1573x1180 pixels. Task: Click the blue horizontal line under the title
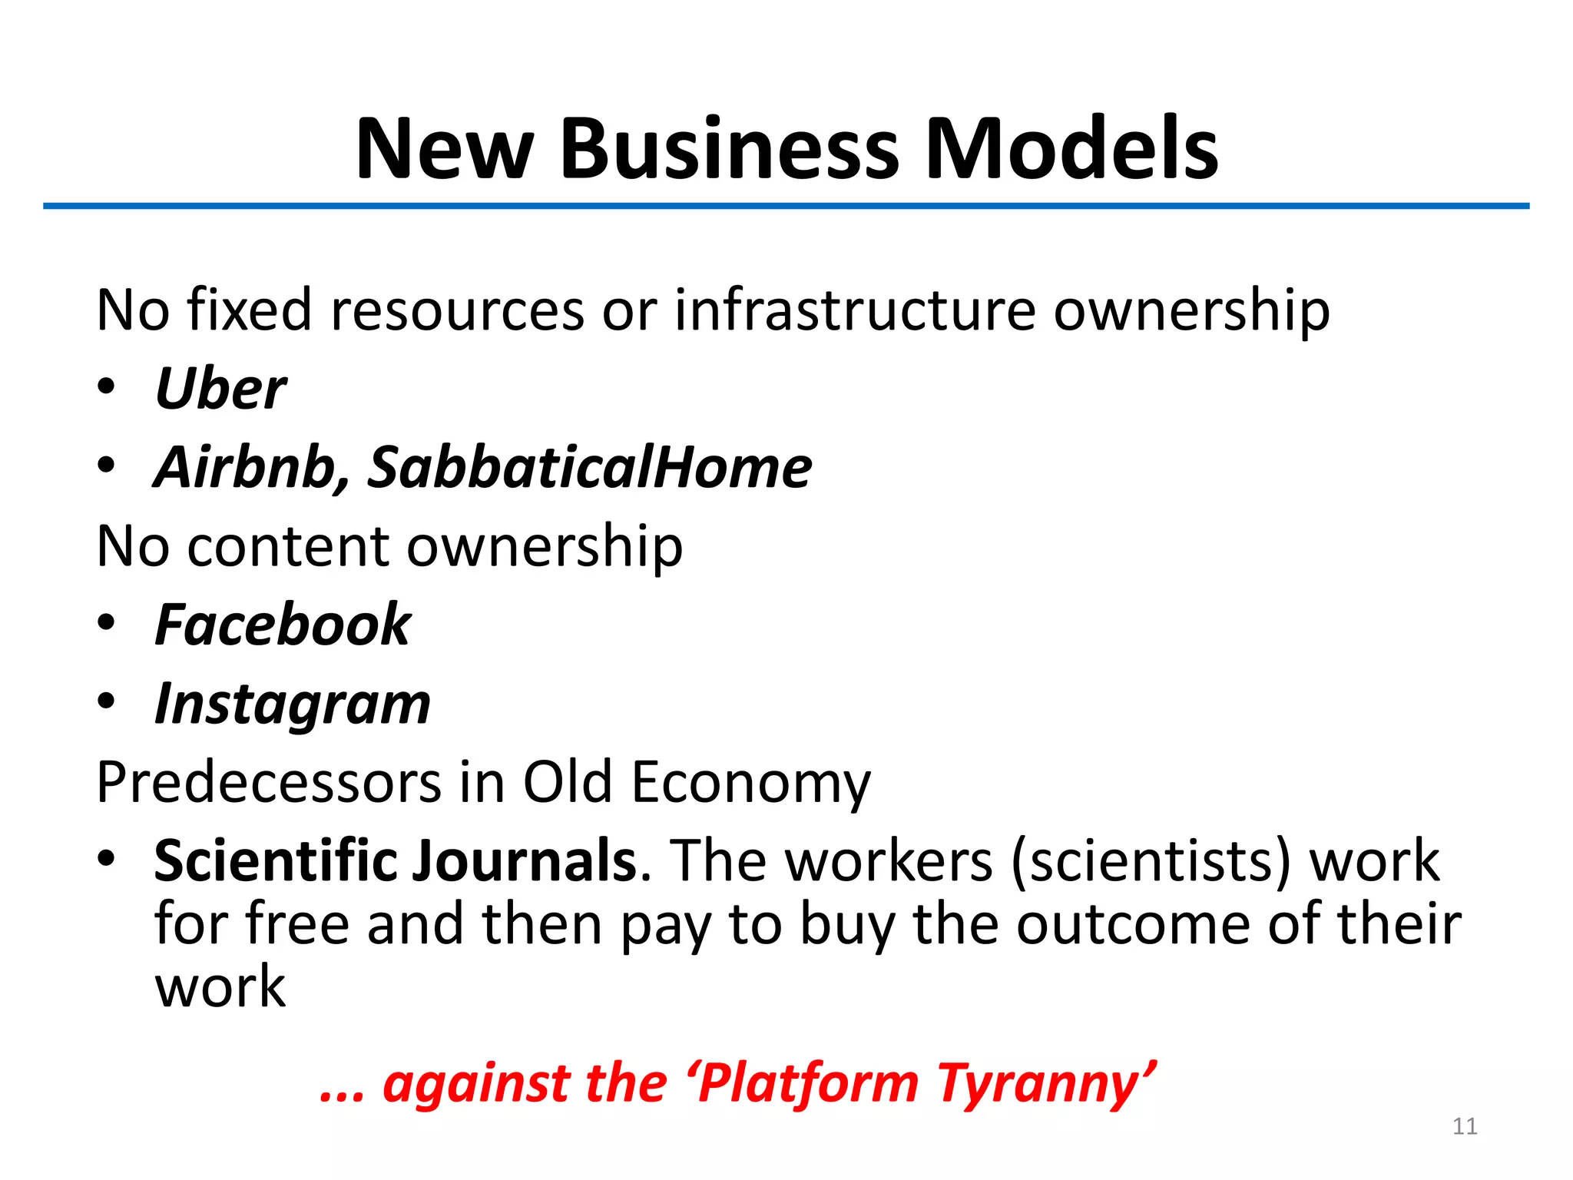click(x=786, y=206)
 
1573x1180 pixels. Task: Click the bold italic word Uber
click(x=220, y=389)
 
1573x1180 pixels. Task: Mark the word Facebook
click(x=283, y=625)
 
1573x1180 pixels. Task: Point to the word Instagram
click(x=293, y=704)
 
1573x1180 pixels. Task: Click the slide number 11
click(x=1465, y=1126)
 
